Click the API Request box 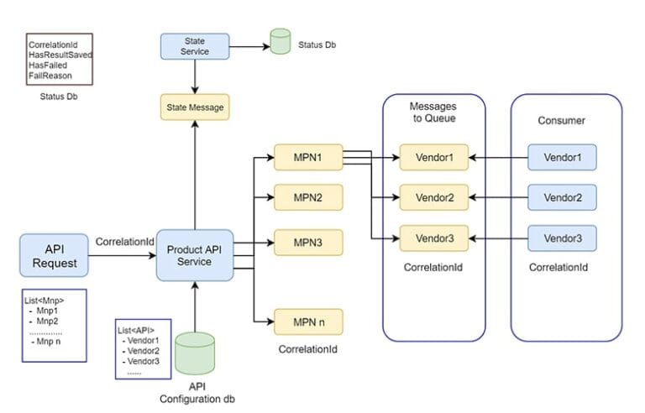[54, 256]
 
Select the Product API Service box [194, 255]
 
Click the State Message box [194, 107]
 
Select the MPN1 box [308, 157]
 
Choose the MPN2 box [308, 197]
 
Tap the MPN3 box [308, 243]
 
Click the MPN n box [308, 322]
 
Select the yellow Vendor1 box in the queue [434, 157]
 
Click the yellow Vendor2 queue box [434, 197]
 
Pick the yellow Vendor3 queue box [434, 238]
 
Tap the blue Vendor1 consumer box [562, 157]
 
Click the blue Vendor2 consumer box [562, 197]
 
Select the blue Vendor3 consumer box [562, 238]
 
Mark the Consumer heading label [561, 121]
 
